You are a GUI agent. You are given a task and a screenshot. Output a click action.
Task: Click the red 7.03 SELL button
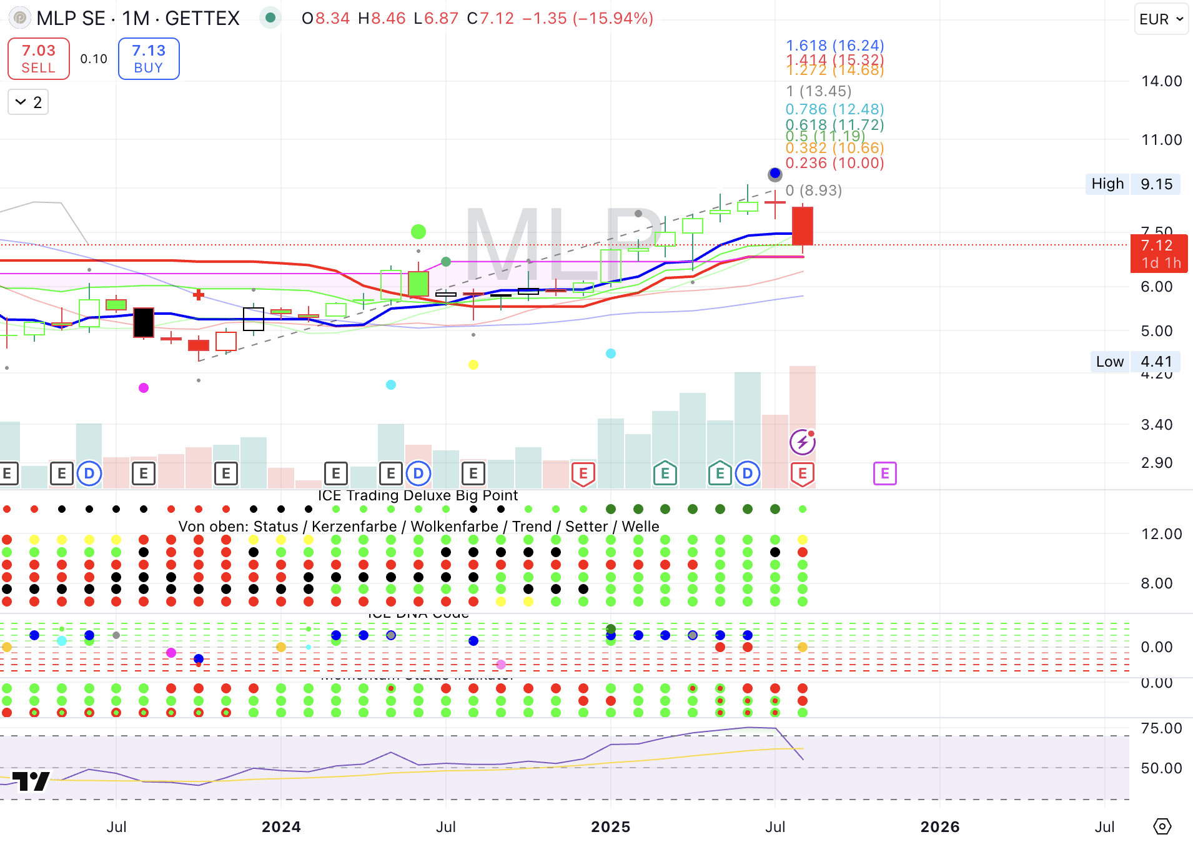pos(38,59)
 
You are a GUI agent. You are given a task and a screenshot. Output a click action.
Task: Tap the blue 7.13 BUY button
pos(149,59)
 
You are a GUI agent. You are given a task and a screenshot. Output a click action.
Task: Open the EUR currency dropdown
pos(1161,19)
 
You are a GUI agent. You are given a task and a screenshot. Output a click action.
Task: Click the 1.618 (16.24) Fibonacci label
pos(834,46)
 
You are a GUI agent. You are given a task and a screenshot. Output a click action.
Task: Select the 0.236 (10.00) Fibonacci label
pos(834,163)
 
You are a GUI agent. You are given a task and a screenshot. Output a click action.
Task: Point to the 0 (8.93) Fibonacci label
pos(814,191)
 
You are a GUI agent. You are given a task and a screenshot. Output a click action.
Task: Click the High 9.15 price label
pos(1132,184)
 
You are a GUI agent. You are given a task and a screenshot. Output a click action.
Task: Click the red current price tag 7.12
pos(1158,254)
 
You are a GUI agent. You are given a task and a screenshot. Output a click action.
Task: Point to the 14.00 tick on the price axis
pos(1161,81)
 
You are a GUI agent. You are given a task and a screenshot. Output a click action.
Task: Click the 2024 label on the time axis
pos(281,827)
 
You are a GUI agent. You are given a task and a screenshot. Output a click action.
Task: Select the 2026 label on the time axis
pos(940,827)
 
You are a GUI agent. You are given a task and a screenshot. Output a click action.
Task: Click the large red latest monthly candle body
pos(803,225)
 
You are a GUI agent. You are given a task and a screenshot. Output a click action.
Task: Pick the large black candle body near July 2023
pos(144,322)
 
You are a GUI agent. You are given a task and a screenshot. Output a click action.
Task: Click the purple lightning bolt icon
pos(802,443)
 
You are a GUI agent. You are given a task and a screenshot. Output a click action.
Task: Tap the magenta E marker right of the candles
pos(884,474)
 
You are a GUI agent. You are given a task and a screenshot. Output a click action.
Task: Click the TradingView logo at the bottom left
pos(31,781)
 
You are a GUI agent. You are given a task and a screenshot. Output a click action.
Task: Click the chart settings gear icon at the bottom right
pos(1162,826)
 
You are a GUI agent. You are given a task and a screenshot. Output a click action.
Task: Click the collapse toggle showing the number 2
pos(28,102)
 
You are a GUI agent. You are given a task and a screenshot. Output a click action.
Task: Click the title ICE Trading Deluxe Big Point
pos(417,495)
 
